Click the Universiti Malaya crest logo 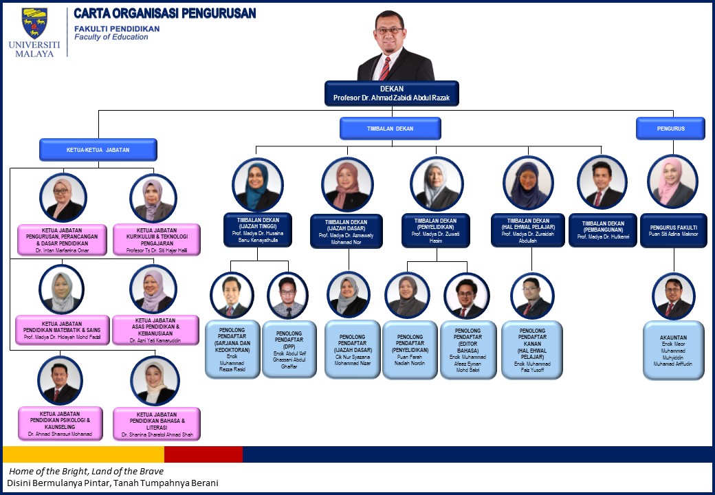click(34, 23)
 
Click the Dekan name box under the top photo click(391, 93)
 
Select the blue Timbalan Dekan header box click(390, 129)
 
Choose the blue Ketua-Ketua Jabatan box click(98, 149)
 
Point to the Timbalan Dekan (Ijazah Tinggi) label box click(258, 230)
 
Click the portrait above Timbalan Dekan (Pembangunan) click(602, 182)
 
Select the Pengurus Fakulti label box click(674, 230)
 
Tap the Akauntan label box click(674, 349)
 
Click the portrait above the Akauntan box click(674, 296)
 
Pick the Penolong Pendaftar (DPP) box click(289, 348)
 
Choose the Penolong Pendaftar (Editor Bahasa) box click(468, 349)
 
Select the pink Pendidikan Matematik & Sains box click(63, 330)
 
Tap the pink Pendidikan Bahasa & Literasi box click(157, 423)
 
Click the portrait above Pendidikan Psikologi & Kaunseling click(60, 380)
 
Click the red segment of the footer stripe click(203, 454)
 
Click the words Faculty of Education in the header click(111, 37)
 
